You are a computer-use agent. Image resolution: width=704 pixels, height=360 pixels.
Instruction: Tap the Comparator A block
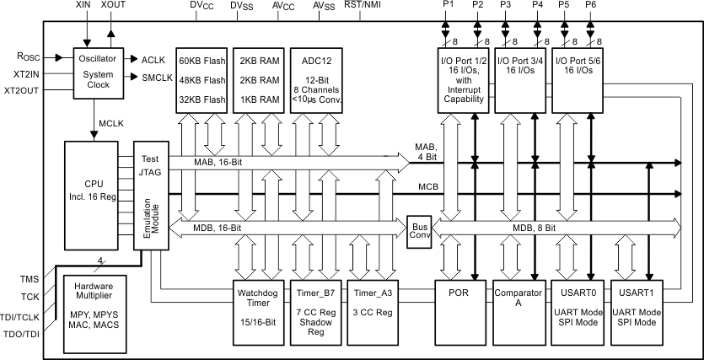[x=518, y=309]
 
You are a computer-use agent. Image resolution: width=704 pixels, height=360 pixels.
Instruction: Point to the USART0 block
[x=577, y=309]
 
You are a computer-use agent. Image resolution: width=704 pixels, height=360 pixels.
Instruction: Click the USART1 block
[x=637, y=309]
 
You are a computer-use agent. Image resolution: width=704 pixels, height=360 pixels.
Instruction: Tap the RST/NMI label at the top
[x=363, y=6]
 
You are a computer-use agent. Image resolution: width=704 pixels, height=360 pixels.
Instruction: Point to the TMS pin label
[x=28, y=279]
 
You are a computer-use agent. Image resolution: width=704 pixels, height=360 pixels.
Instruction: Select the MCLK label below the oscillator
[x=113, y=122]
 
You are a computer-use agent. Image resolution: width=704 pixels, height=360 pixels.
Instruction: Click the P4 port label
[x=538, y=6]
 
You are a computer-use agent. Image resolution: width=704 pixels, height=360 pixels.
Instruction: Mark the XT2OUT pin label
[x=22, y=90]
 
